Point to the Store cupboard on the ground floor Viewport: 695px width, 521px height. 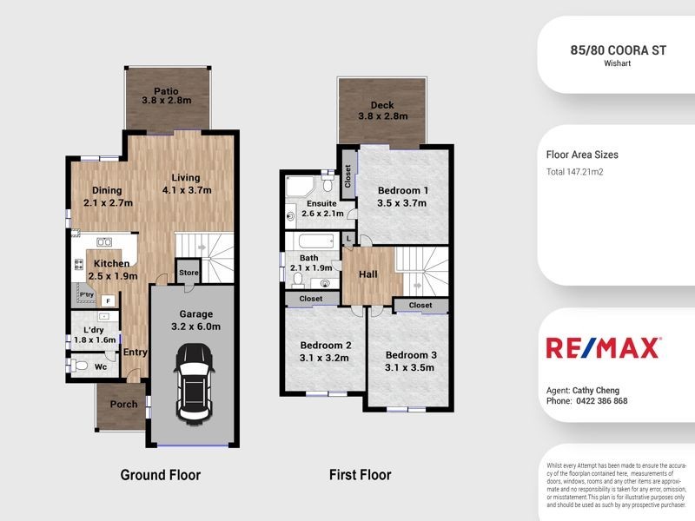pos(189,273)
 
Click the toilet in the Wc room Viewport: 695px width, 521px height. pos(80,367)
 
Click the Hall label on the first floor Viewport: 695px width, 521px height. pos(368,274)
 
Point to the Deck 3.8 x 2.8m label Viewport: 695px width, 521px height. pos(382,110)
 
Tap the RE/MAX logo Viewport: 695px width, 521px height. pos(602,347)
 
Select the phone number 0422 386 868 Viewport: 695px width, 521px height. pos(599,401)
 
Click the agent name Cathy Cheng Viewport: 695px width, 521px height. pos(595,391)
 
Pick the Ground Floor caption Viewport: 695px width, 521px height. pos(160,475)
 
